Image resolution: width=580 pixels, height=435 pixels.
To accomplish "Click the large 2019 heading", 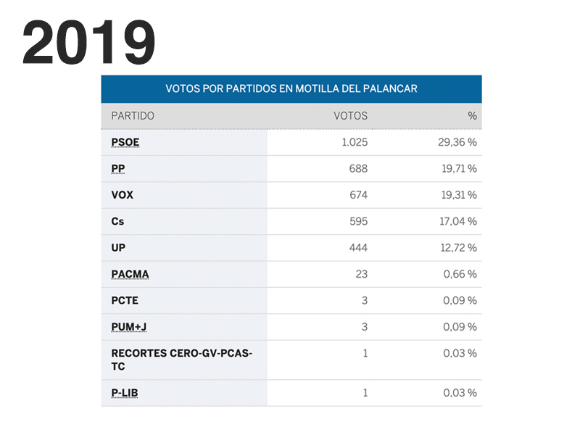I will [x=88, y=43].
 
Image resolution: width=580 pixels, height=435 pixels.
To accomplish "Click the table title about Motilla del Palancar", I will [x=291, y=89].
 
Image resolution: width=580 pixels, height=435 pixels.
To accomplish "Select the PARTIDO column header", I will [x=133, y=116].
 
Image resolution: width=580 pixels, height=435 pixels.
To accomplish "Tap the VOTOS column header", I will [x=350, y=116].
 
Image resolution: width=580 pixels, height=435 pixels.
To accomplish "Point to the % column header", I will [x=472, y=116].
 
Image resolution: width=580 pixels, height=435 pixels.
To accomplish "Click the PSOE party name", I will [x=125, y=142].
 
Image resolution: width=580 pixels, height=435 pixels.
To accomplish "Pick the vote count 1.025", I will [x=355, y=142].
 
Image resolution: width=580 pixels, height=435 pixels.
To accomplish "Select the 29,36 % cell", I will [x=457, y=142].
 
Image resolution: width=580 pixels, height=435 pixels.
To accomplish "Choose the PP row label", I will [x=118, y=169].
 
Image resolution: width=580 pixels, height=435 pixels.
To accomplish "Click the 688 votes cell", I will [x=358, y=169].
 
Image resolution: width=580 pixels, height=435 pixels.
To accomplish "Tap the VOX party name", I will [x=122, y=195].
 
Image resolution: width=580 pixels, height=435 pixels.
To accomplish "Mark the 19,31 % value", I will [x=457, y=195].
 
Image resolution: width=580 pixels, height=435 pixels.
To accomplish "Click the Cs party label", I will [x=117, y=222].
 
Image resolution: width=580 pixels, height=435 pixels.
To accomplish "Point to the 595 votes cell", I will [x=358, y=222].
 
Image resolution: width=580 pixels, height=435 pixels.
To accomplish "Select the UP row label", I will [x=118, y=248].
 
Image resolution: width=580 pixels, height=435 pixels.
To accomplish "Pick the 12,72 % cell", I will [x=457, y=248].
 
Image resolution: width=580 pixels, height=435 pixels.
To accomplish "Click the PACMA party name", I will [x=130, y=274].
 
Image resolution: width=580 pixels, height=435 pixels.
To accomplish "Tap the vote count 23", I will [x=362, y=274].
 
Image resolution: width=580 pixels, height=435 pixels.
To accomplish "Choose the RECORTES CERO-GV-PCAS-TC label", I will [x=181, y=360].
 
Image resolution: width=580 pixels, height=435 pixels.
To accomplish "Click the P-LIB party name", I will [x=125, y=393].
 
